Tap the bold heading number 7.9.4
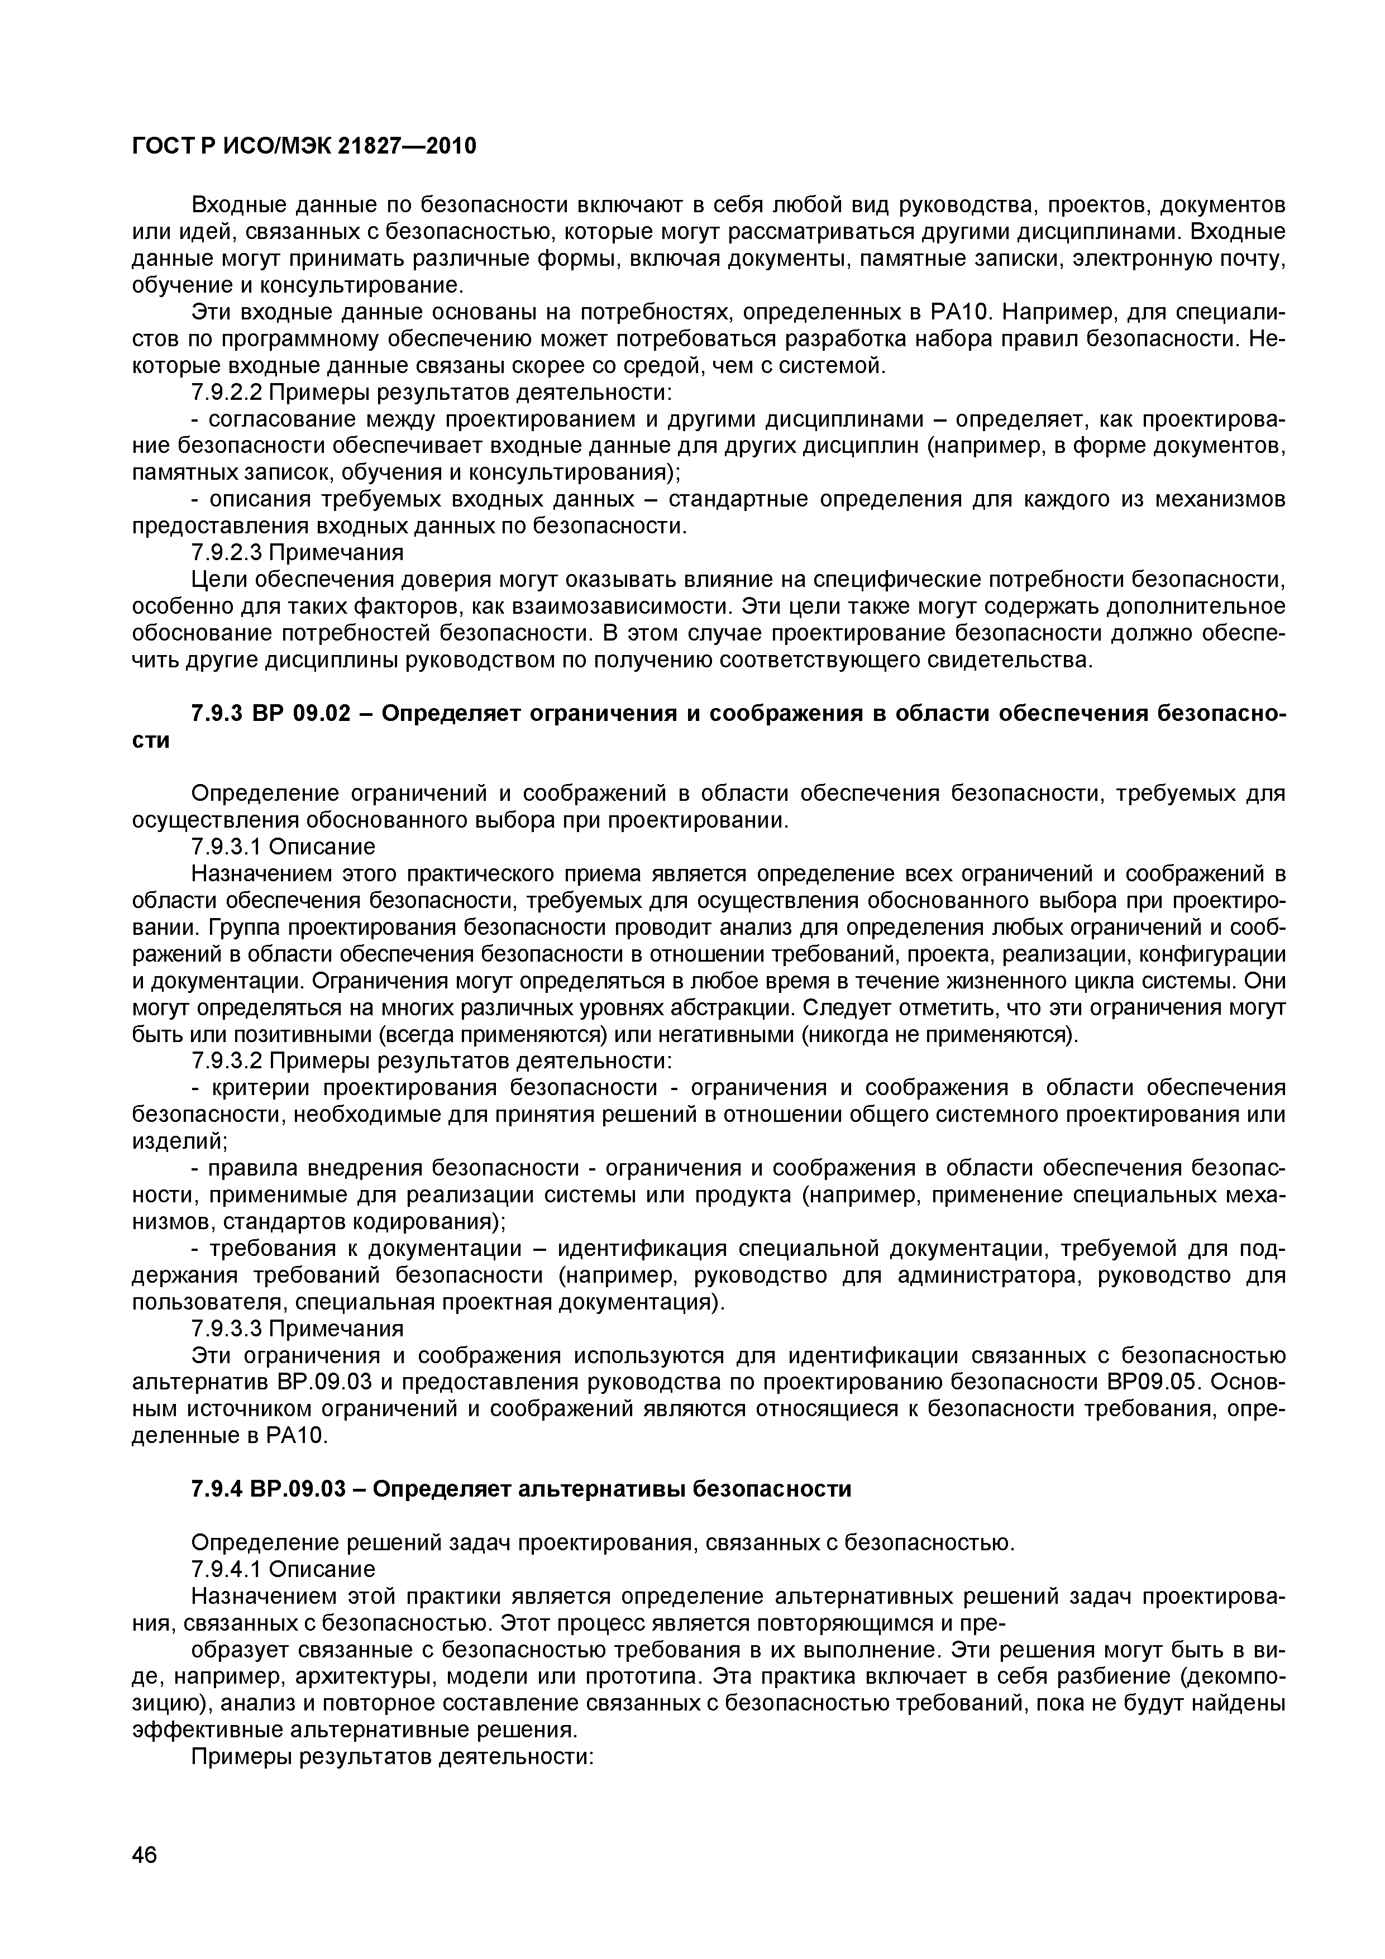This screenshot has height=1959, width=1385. click(x=216, y=1489)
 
